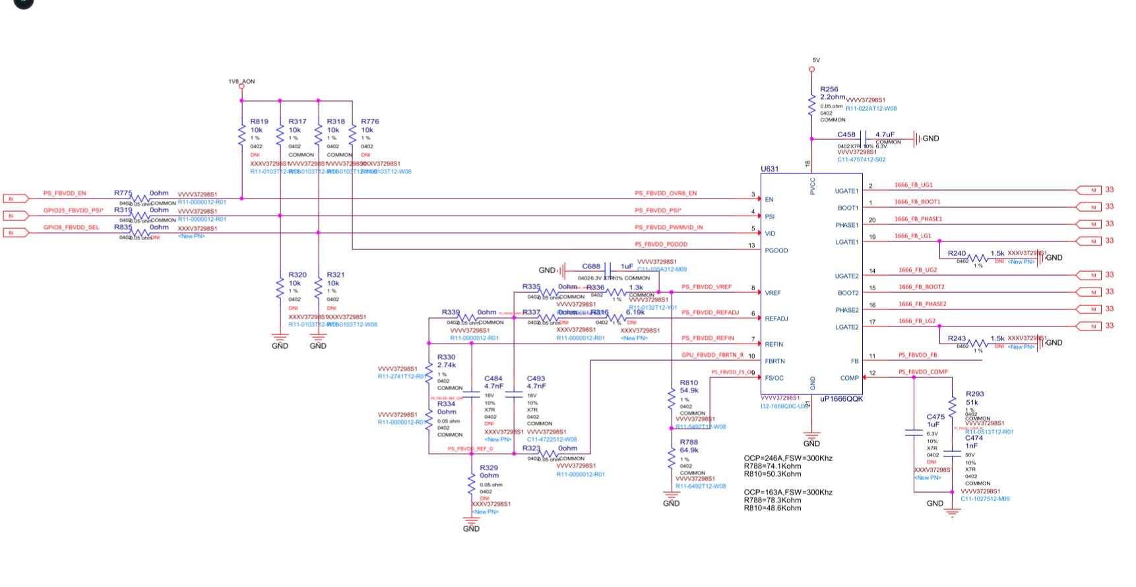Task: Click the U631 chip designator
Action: click(x=769, y=169)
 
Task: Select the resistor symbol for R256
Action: click(x=812, y=106)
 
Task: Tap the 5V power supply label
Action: click(x=816, y=60)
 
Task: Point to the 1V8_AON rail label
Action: click(x=241, y=82)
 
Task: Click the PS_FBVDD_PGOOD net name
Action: click(x=661, y=244)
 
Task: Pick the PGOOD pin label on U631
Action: click(x=776, y=251)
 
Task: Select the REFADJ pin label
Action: click(x=776, y=319)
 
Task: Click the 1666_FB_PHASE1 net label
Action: click(x=918, y=219)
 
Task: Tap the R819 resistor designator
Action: click(x=259, y=121)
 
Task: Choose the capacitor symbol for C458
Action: click(x=864, y=139)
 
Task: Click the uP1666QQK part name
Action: click(x=841, y=398)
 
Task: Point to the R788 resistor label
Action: click(x=689, y=443)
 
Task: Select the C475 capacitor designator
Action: click(x=935, y=417)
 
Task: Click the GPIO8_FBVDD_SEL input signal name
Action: click(x=71, y=228)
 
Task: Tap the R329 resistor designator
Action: click(x=489, y=468)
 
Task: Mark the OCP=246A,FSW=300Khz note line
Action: click(x=788, y=458)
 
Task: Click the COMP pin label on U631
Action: click(x=849, y=378)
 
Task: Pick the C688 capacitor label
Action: click(x=591, y=266)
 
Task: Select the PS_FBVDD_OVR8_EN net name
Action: click(x=666, y=193)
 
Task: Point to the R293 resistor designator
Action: click(x=974, y=394)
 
